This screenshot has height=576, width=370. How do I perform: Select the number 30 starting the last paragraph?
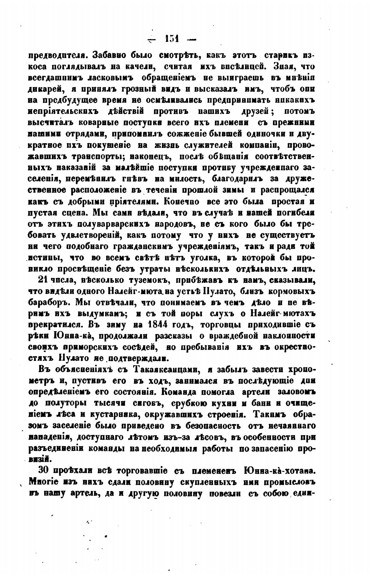pos(43,471)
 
